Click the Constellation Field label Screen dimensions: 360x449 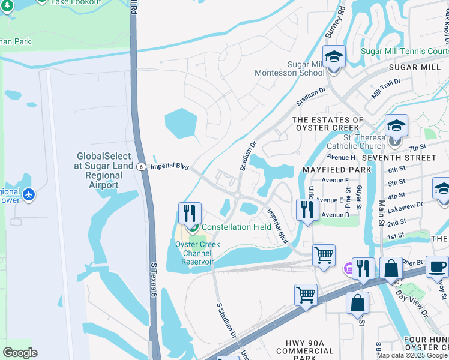coord(236,227)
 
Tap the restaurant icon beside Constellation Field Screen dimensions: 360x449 coord(189,213)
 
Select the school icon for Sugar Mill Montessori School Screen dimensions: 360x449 coord(333,57)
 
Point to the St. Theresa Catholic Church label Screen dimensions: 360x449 coord(356,141)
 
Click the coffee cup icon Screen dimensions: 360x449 coord(436,266)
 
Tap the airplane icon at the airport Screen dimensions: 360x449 coord(28,194)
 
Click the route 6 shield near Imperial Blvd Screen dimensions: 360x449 coord(140,167)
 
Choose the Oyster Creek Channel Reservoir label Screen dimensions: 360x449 coord(194,253)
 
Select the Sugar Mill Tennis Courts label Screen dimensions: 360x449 coord(403,51)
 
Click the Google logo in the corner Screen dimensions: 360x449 coord(20,353)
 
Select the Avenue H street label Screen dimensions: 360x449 coord(340,157)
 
